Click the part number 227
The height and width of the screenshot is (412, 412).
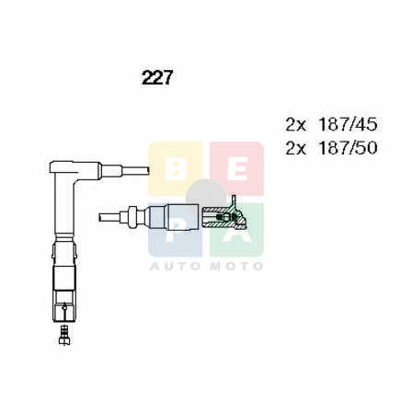tap(157, 77)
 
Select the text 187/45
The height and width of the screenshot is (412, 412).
tap(348, 124)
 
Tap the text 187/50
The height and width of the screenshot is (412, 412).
tap(348, 148)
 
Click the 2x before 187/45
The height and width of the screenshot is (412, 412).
tap(296, 125)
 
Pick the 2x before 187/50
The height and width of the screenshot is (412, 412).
tap(296, 148)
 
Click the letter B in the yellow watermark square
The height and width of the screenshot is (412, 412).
tap(175, 169)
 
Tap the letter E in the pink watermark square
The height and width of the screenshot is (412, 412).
tap(237, 169)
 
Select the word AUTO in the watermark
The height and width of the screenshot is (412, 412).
tap(175, 266)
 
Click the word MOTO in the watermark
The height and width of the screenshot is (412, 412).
tap(237, 266)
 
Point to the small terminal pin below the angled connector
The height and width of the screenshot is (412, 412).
tap(64, 335)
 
